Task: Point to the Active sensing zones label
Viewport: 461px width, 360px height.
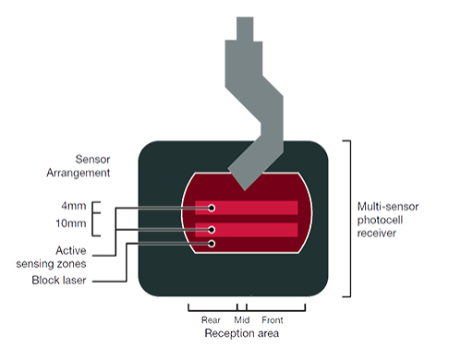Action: pos(80,256)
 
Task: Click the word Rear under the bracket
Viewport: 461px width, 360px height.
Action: pos(211,320)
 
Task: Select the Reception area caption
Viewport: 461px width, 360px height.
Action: pos(241,332)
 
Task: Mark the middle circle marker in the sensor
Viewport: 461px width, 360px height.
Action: pos(212,228)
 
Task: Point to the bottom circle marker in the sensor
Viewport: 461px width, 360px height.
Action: pos(212,245)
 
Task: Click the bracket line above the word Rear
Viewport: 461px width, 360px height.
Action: pos(211,307)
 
